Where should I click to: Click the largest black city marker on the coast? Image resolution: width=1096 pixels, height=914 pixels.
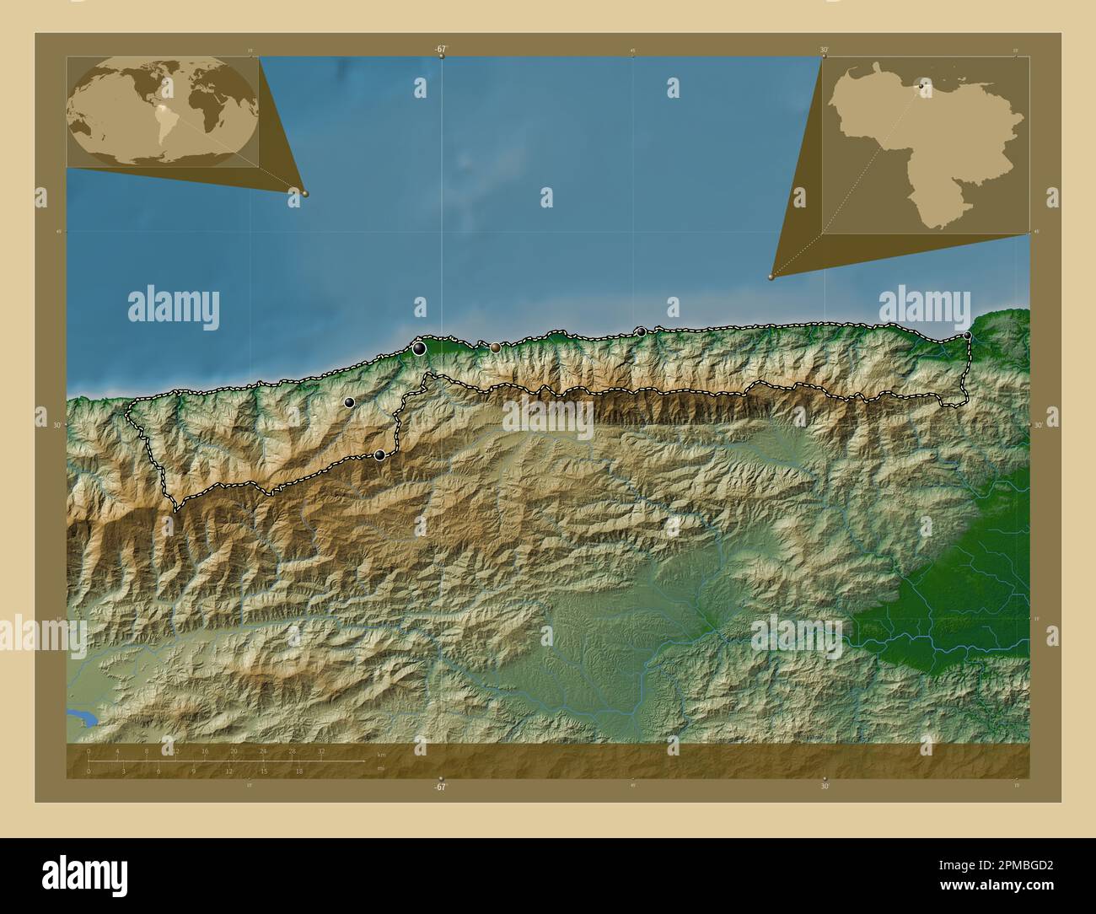point(419,347)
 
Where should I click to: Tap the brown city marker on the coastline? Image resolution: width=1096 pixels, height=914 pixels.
point(496,347)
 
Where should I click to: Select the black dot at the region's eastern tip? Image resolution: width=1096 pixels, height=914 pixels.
point(968,336)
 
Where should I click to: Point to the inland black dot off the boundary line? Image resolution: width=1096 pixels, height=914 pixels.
point(349,403)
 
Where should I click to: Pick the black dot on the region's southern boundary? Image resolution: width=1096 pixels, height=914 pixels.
point(380,455)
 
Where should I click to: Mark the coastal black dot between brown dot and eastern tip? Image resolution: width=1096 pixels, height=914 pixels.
point(642,332)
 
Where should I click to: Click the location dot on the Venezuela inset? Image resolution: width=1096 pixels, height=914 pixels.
point(921,85)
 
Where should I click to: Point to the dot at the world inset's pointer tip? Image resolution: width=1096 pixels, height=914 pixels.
point(305,193)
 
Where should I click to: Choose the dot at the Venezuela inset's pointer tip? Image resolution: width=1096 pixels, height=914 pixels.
point(771,277)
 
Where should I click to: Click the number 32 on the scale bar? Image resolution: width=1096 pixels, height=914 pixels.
point(321,751)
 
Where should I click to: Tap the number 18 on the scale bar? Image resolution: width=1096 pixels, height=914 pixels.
point(298,771)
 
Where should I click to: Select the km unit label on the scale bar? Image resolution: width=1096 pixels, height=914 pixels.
point(382,754)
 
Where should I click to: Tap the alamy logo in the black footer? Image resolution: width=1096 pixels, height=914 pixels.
point(87,876)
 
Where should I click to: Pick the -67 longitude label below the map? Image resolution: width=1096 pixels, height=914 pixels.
point(440,788)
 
